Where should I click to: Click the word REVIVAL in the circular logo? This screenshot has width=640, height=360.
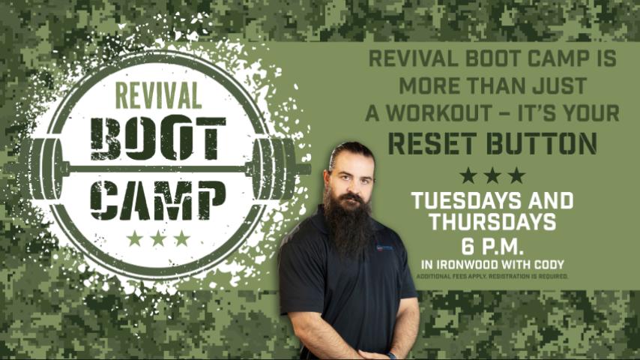158,95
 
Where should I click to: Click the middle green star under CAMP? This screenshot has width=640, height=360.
158,238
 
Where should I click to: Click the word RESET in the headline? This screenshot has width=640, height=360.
435,143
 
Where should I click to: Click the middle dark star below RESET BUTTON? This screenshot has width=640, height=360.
492,175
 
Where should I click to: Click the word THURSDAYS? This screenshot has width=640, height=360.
492,222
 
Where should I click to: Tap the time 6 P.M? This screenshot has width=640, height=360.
492,246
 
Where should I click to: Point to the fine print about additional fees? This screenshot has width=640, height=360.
492,276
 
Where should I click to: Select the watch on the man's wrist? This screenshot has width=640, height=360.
391,355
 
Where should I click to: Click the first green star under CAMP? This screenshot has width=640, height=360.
135,238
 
